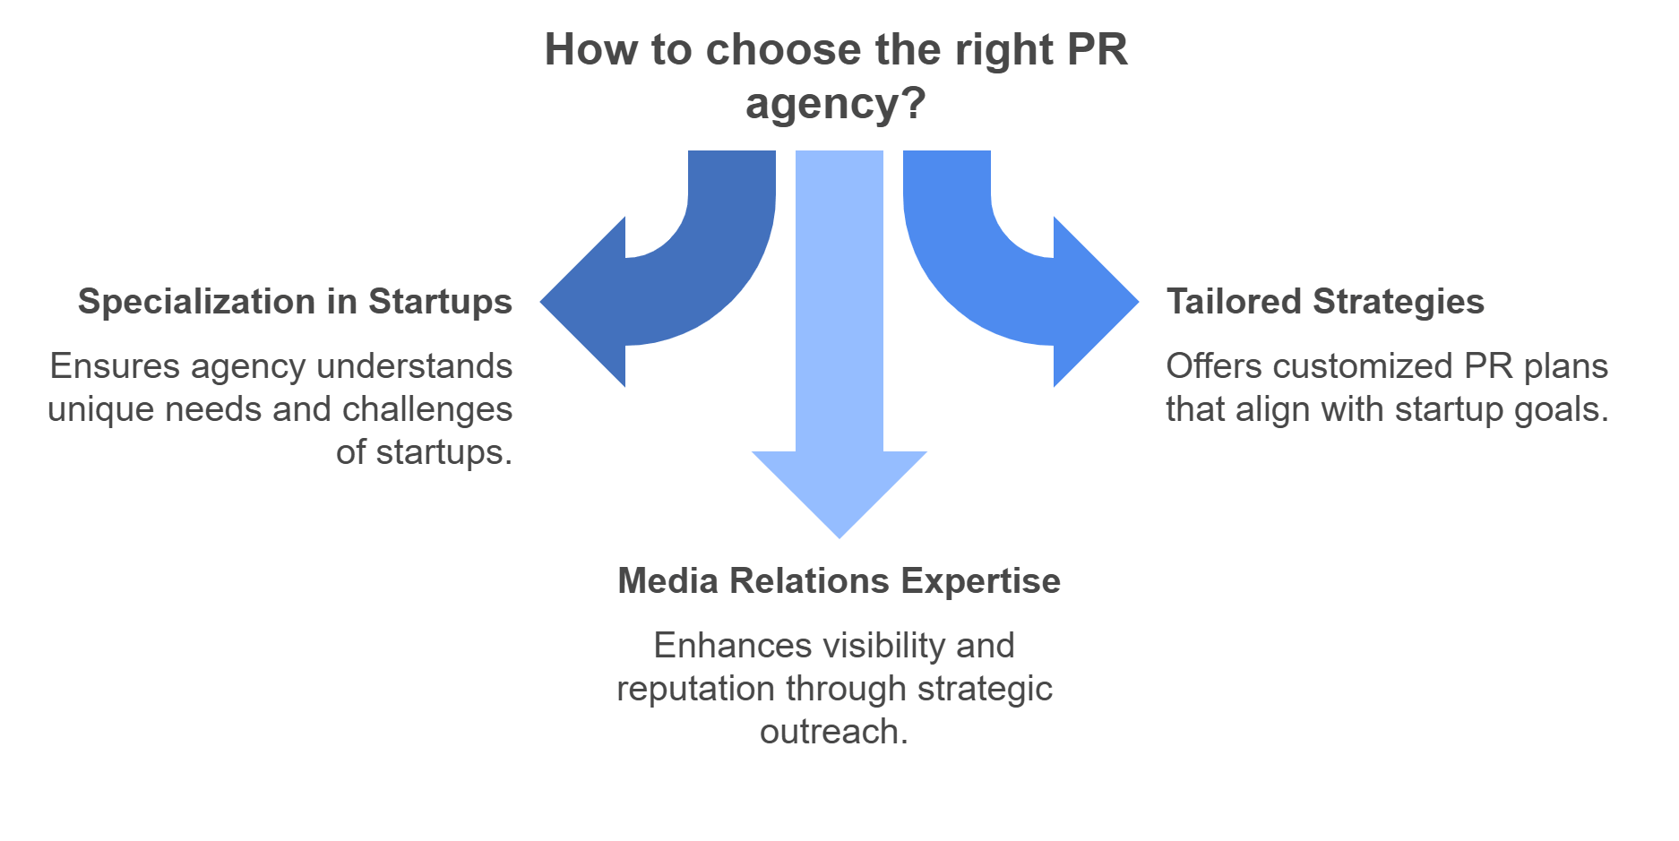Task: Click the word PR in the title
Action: [x=1097, y=50]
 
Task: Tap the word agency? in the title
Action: [x=835, y=105]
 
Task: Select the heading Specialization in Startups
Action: [x=295, y=302]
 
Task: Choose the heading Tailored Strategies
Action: [x=1325, y=302]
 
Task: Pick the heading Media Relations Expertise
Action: [x=839, y=581]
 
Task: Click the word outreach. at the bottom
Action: [x=833, y=732]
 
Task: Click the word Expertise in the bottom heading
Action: [x=980, y=581]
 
